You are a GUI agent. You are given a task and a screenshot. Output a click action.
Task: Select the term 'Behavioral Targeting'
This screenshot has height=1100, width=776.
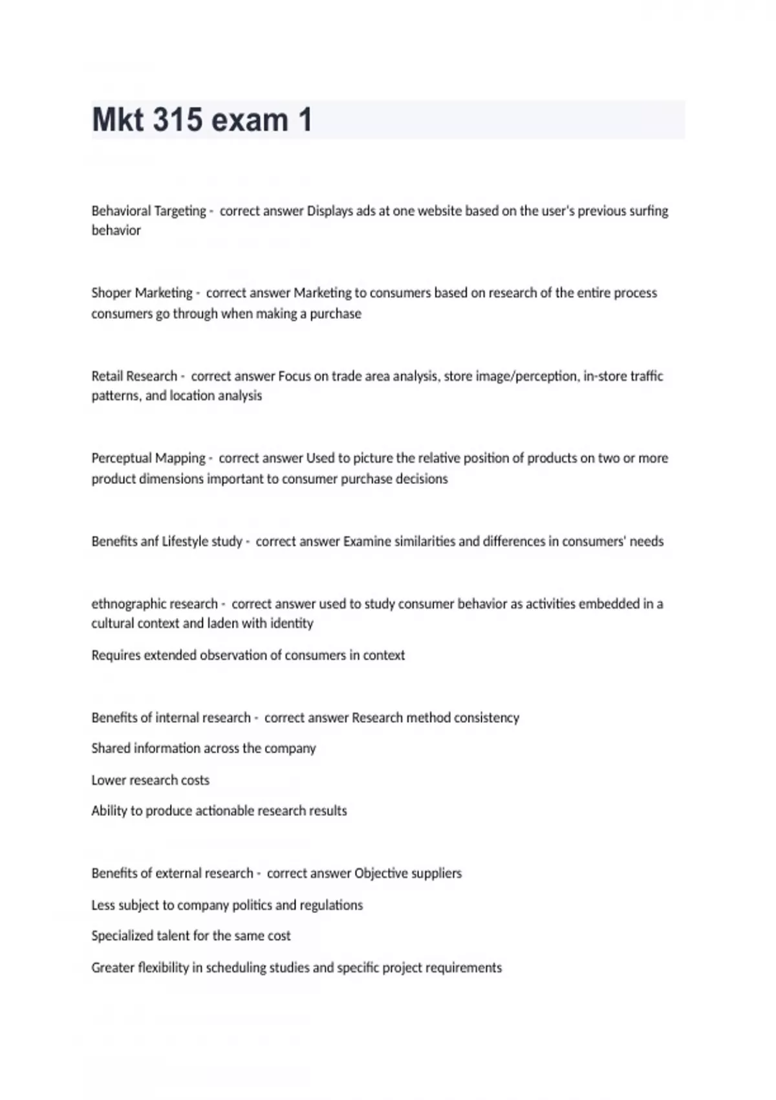[x=149, y=211]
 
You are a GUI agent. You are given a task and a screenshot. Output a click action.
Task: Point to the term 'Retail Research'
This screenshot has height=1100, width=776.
[x=134, y=376]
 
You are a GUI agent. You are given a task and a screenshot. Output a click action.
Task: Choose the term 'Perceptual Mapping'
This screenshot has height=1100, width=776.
[x=148, y=458]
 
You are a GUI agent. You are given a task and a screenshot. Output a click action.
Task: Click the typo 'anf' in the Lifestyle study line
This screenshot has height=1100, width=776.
[x=149, y=541]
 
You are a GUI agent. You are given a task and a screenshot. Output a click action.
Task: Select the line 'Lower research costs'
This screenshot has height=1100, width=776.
[x=150, y=780]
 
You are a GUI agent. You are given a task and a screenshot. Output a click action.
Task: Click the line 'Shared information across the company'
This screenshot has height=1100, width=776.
[x=203, y=748]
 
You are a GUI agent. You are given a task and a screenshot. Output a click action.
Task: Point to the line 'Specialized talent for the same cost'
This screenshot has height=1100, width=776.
[x=191, y=936]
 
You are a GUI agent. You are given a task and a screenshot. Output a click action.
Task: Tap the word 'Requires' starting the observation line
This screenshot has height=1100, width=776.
[x=116, y=655]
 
